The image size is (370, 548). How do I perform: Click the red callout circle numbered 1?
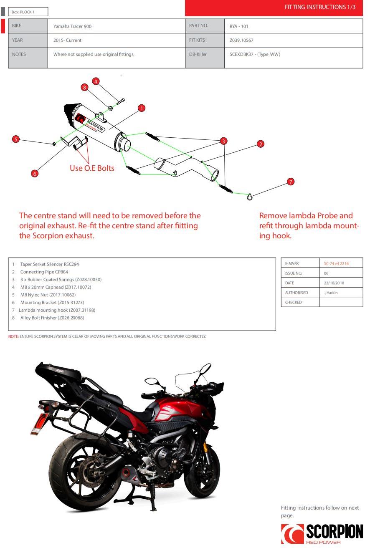coord(142,109)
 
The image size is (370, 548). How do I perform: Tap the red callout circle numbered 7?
coord(291,182)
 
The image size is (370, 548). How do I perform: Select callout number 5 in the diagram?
coord(16,139)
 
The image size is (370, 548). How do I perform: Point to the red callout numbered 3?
coord(224,141)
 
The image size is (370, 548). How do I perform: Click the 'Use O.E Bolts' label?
coord(92,168)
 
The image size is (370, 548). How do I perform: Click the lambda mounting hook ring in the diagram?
coord(250,197)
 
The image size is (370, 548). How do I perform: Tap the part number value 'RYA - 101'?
coord(239,26)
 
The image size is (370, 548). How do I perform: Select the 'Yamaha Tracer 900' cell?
coord(72,26)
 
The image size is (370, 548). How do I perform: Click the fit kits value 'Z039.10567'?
coord(241,40)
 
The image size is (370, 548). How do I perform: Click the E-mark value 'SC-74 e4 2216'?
coord(336,264)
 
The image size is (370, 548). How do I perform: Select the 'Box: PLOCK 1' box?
coord(28,12)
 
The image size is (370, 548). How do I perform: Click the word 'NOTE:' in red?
coord(13,336)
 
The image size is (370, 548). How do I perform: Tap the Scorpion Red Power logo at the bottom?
coord(322,533)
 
